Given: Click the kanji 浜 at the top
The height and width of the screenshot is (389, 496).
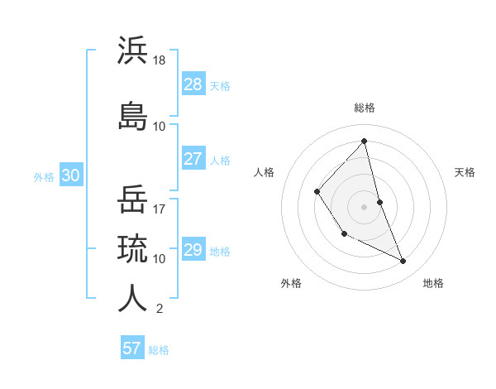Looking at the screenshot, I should pos(132,50).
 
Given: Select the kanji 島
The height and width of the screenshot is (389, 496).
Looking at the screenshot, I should pos(132,115).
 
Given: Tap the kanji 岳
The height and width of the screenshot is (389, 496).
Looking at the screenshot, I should pos(132,199).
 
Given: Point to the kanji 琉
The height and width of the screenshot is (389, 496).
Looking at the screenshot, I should pos(132,248).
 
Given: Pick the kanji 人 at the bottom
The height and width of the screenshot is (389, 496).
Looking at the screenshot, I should pos(132,298).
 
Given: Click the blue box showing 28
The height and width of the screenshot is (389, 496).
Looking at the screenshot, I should pos(193,84).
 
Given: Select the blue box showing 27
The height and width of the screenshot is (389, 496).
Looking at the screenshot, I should pos(193,159).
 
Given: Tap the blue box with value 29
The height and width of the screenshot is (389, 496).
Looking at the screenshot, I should pos(193,250).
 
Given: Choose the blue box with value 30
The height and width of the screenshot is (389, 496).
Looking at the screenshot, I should pos(70,175).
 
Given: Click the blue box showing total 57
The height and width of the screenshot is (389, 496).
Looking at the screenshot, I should pos(132,348).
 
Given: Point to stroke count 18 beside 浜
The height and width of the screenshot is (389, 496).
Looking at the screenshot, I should pos(160,60).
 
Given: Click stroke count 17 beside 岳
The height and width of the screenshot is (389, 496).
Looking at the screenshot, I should pos(160,209).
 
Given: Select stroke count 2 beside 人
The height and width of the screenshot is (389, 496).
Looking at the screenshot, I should pos(159,309).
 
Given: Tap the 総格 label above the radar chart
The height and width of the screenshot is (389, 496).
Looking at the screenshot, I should pos(365,108).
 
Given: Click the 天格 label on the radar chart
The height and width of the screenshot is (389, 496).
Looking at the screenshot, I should pos(465,172).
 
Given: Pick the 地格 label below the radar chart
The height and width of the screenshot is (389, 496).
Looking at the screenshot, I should pos(433,283).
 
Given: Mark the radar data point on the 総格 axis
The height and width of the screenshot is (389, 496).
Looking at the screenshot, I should pos(365,141).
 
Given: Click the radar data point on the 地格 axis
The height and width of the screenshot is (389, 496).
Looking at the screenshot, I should pos(403,261).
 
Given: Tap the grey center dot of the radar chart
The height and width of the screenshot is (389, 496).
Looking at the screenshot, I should pos(365,206).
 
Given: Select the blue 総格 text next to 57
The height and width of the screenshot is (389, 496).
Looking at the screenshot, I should pos(159,350).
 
